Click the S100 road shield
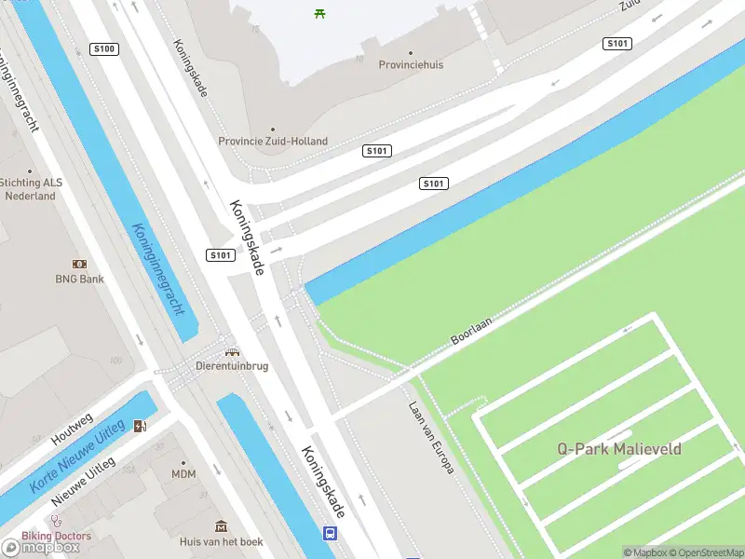[105, 48]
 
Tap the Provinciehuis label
[411, 65]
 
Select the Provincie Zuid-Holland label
[273, 142]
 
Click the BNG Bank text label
[79, 279]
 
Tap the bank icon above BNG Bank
[79, 265]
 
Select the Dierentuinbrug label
[232, 366]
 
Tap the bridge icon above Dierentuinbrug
[232, 352]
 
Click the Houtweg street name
[72, 429]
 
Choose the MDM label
[183, 474]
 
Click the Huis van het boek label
[222, 541]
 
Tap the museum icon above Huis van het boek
[222, 527]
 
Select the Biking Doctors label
[58, 536]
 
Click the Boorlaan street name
[471, 330]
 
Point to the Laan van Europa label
[431, 437]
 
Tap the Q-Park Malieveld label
[619, 449]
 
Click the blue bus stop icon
[330, 534]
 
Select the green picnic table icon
[320, 13]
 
